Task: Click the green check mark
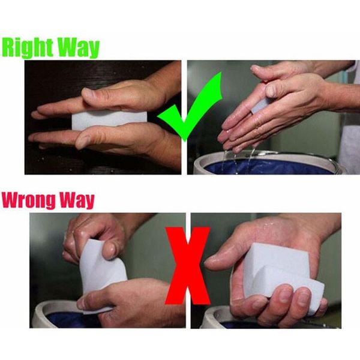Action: click(x=184, y=111)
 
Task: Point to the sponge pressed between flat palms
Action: click(x=108, y=119)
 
